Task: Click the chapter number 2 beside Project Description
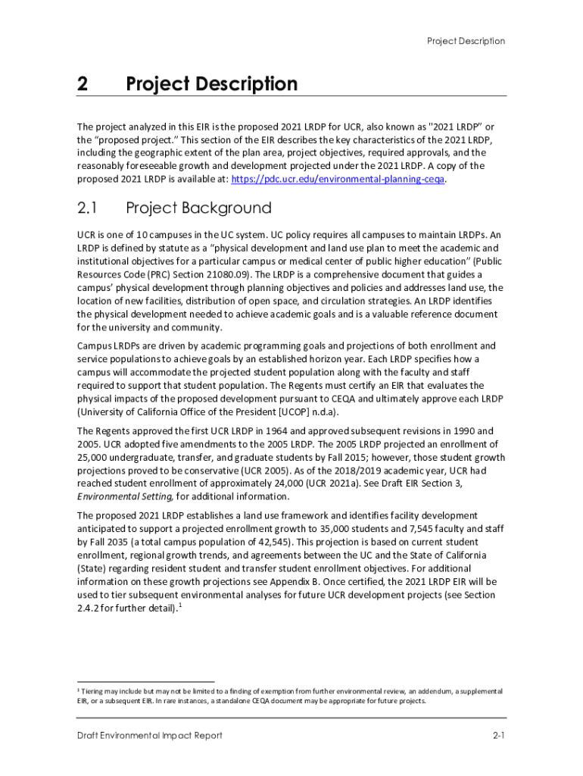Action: point(83,84)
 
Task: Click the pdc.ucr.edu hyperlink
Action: point(338,180)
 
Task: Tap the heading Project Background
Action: point(198,208)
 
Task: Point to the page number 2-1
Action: point(497,736)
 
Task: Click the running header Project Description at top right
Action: point(466,41)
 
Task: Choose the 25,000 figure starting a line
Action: point(93,458)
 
